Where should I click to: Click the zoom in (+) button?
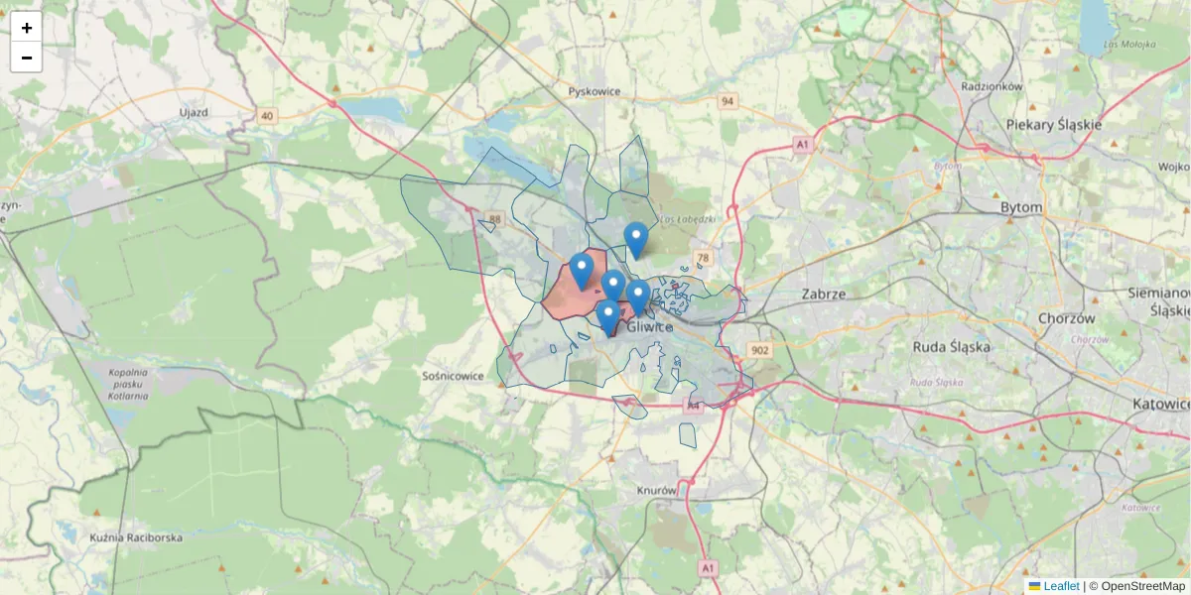[27, 28]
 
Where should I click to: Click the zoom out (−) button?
[27, 58]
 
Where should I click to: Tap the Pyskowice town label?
[595, 91]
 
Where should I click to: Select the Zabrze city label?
[823, 295]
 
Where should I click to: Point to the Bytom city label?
[1021, 207]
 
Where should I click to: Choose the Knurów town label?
[658, 490]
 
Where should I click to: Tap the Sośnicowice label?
[453, 376]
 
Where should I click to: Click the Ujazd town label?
[194, 112]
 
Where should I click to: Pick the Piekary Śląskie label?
[1054, 125]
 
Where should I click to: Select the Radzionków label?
[992, 86]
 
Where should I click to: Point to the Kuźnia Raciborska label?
[136, 537]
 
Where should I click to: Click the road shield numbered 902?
[761, 350]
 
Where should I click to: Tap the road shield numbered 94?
[728, 101]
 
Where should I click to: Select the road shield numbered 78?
[704, 259]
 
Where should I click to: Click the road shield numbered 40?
[266, 116]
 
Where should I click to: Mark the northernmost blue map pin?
[636, 238]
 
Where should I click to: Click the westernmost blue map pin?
[582, 269]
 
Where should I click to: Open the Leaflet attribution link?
[1061, 586]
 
